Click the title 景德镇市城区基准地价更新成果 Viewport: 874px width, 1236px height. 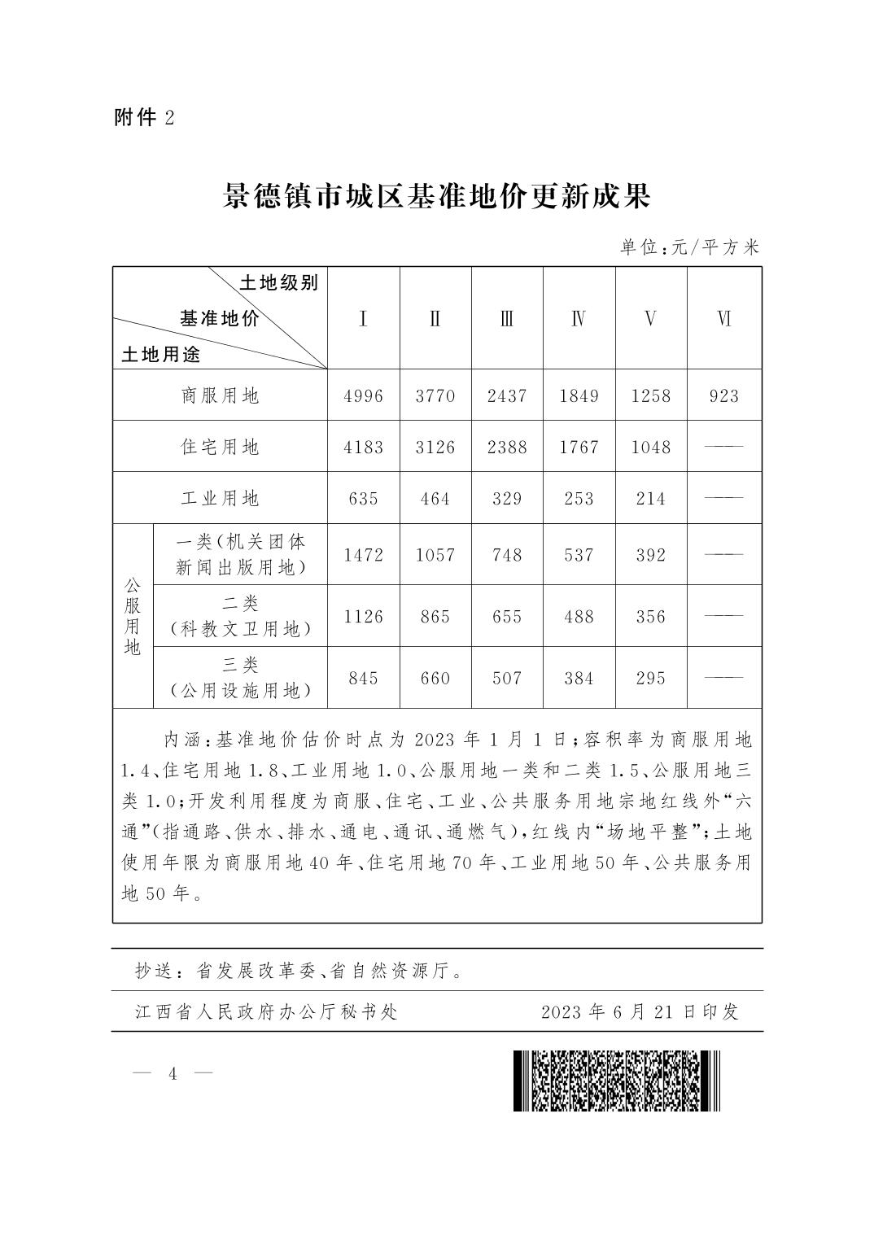(x=437, y=197)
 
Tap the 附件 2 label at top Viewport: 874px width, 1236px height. (x=144, y=118)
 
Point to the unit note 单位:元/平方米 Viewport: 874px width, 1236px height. (x=688, y=247)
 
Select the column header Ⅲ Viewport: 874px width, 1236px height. (x=506, y=318)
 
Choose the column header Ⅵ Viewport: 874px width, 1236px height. (x=723, y=318)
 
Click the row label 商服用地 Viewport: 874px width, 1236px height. (x=220, y=395)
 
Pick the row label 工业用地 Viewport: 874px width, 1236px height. (x=220, y=498)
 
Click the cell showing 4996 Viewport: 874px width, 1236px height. (x=363, y=395)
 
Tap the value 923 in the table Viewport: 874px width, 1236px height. (x=723, y=395)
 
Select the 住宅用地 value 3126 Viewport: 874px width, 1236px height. (x=435, y=447)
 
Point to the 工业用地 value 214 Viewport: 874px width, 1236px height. (x=651, y=498)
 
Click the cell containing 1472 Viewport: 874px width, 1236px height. (x=363, y=555)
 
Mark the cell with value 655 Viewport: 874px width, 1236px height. (x=506, y=617)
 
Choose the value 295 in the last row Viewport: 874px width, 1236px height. (x=651, y=678)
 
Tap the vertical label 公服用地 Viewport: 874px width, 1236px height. (x=133, y=617)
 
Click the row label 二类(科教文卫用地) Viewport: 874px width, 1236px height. (x=240, y=616)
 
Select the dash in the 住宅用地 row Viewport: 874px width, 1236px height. (x=723, y=447)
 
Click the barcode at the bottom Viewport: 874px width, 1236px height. (x=616, y=1081)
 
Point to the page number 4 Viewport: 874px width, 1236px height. (x=173, y=1073)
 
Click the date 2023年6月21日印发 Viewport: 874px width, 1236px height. (x=640, y=1011)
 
